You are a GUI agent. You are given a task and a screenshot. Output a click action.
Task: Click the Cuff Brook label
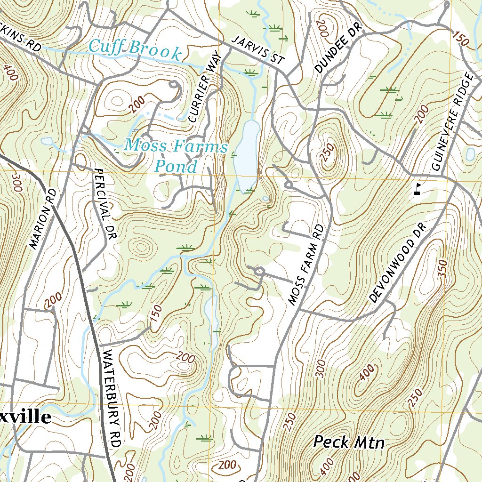click(x=135, y=49)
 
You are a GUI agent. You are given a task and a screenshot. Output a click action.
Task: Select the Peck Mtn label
click(x=349, y=442)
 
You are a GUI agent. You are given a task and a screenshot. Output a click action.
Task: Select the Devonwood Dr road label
click(x=398, y=263)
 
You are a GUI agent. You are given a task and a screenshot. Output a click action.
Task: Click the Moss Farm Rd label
click(x=306, y=265)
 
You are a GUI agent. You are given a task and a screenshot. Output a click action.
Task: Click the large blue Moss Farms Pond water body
click(x=247, y=151)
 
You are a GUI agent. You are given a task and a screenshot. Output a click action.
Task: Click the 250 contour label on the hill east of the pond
click(x=328, y=153)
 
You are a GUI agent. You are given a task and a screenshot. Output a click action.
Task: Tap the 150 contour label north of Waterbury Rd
click(x=156, y=314)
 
